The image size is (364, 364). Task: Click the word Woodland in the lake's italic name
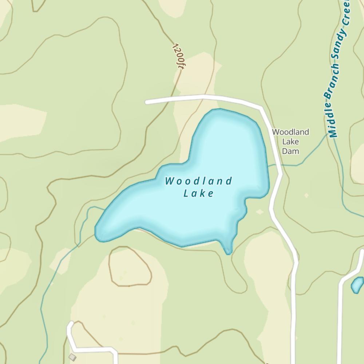pos(199,181)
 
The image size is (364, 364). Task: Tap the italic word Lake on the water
pos(198,193)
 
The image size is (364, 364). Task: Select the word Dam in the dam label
pos(290,151)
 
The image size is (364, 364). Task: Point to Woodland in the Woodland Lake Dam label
pos(290,132)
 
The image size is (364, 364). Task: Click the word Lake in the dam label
pos(290,141)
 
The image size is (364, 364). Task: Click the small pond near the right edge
pos(357,285)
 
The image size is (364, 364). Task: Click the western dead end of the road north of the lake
pos(147,102)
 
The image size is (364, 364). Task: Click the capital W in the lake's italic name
pos(169,181)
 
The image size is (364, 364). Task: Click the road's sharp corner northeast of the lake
pos(261,108)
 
